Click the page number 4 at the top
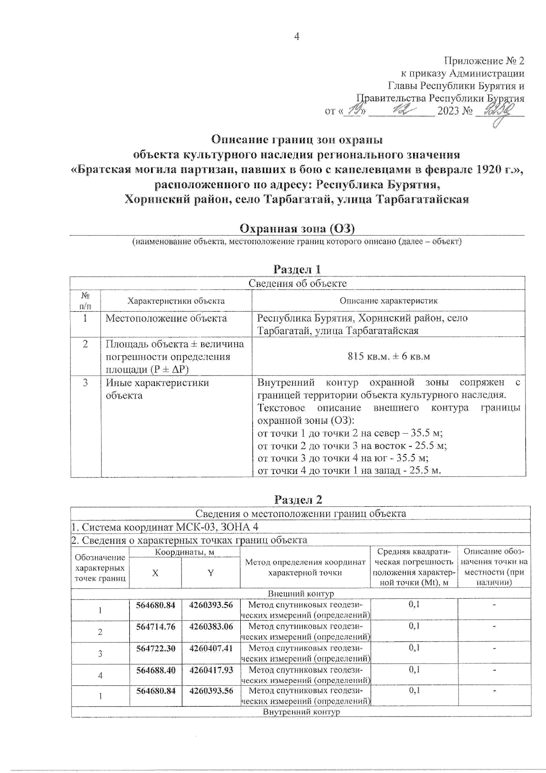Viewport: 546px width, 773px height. pyautogui.click(x=297, y=37)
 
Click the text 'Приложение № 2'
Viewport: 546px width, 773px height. pyautogui.click(x=484, y=61)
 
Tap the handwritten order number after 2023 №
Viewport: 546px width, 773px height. pyautogui.click(x=499, y=111)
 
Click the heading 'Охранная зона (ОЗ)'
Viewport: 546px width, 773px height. pyautogui.click(x=297, y=228)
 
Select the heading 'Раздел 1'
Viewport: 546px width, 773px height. pyautogui.click(x=297, y=269)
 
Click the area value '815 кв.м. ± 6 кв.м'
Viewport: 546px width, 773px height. pyautogui.click(x=389, y=356)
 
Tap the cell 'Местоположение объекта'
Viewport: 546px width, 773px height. pyautogui.click(x=166, y=318)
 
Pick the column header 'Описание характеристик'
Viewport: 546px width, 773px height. pyautogui.click(x=389, y=301)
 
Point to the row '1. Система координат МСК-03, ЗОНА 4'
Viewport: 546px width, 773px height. pyautogui.click(x=167, y=527)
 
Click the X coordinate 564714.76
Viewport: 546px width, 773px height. pyautogui.click(x=156, y=626)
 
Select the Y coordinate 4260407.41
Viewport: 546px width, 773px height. pyautogui.click(x=211, y=648)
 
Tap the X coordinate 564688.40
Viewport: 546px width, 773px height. pyautogui.click(x=156, y=670)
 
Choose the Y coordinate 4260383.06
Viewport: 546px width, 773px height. pyautogui.click(x=211, y=626)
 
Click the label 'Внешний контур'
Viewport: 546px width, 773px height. pyautogui.click(x=301, y=594)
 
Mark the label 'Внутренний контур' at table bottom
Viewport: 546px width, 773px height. pyautogui.click(x=301, y=712)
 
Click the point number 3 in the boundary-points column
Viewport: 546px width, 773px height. pyautogui.click(x=100, y=654)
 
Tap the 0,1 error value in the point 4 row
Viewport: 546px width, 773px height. pyautogui.click(x=414, y=670)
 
